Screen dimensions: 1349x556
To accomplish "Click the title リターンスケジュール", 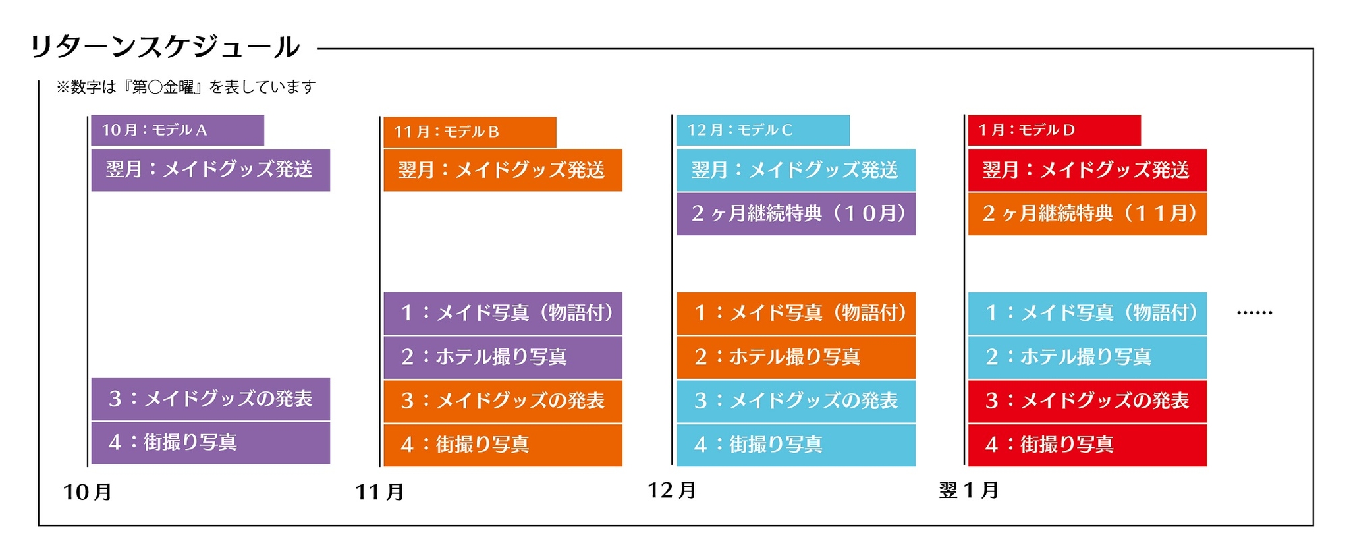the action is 165,47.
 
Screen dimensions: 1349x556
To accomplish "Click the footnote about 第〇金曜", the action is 186,87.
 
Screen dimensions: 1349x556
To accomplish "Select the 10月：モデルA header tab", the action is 177,130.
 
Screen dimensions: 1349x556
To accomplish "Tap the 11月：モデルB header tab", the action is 470,132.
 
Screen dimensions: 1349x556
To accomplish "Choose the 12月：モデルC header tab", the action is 763,130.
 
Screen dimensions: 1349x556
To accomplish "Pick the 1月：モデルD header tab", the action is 1054,130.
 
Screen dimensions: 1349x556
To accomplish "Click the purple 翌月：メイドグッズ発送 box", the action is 210,170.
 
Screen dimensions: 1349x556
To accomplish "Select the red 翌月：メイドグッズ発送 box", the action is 1087,170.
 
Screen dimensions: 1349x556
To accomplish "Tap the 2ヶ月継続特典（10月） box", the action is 796,213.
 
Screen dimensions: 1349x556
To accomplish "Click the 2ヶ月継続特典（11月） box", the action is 1087,213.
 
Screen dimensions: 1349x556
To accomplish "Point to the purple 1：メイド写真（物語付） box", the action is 503,314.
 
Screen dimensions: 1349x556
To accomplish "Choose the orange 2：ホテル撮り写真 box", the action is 796,357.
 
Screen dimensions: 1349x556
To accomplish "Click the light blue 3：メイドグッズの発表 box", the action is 796,401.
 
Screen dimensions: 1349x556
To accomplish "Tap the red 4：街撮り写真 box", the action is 1087,445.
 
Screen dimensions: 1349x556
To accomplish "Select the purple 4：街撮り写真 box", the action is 210,443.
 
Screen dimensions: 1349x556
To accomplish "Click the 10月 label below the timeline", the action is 87,491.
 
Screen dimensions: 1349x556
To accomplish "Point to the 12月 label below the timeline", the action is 672,490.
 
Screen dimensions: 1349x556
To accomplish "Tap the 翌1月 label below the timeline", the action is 969,490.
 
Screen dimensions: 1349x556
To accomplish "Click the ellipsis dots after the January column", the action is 1254,313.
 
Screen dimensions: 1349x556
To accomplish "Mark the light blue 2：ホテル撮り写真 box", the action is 1087,357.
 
